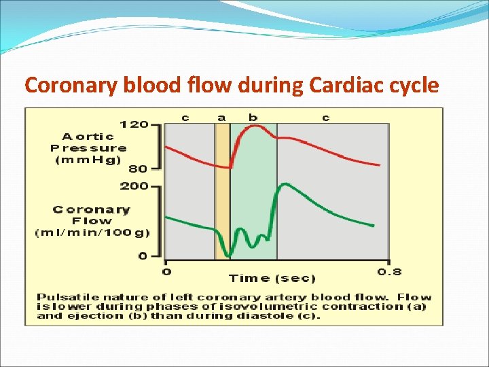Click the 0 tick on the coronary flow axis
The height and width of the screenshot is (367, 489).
[143, 256]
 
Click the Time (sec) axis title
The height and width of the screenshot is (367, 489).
[272, 278]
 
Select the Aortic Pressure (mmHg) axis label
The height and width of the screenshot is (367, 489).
[88, 147]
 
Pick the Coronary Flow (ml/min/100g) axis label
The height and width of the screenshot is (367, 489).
[92, 221]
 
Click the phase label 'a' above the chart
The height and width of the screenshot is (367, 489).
[221, 118]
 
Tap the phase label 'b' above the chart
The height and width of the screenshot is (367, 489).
[253, 118]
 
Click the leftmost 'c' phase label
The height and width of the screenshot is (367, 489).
[185, 118]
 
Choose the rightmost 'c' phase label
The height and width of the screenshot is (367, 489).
[326, 118]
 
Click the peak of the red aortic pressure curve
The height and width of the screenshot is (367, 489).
[255, 126]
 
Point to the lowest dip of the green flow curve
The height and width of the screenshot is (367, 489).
[230, 256]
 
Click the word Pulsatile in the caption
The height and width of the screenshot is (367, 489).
[61, 297]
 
